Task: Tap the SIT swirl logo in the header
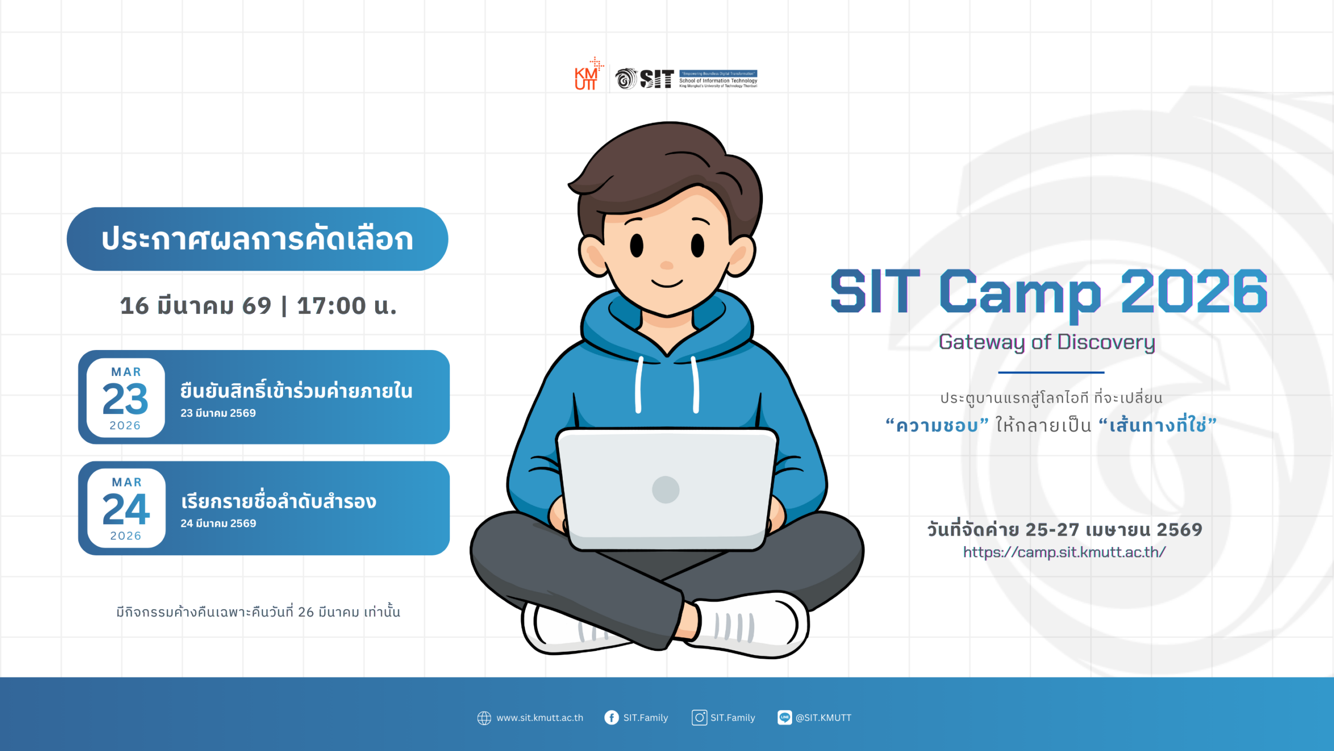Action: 626,79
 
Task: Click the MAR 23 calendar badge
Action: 126,398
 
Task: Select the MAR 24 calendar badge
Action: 126,508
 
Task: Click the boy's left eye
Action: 637,245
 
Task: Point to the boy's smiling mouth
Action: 667,284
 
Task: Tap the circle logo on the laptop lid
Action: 665,490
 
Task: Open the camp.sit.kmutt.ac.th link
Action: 1064,552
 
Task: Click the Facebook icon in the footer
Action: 611,718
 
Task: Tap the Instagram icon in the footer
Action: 699,718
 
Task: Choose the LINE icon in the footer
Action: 784,718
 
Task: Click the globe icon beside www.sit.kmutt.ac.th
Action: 484,718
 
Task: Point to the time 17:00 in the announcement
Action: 331,306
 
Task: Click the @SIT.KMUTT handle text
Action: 823,718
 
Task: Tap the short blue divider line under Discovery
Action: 1051,372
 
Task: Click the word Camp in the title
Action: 1020,292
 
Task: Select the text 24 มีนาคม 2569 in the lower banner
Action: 218,523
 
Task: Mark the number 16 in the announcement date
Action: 134,306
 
